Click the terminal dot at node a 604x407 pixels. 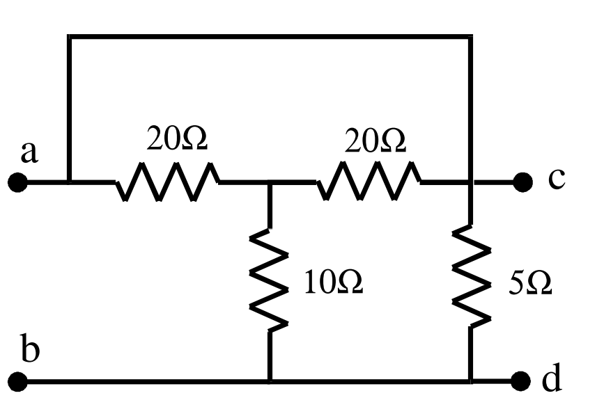(x=18, y=183)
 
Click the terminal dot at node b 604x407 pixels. (x=18, y=381)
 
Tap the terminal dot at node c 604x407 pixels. (x=522, y=183)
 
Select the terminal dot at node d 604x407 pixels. (x=522, y=381)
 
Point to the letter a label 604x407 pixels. (x=29, y=152)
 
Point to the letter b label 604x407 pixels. (x=30, y=349)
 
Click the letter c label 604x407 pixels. (x=556, y=179)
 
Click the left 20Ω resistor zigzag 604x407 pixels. (x=167, y=182)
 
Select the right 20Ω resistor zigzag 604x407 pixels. (x=369, y=182)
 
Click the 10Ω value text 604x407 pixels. (x=333, y=283)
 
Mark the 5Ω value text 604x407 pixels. (x=530, y=283)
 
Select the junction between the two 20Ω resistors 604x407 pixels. (x=270, y=183)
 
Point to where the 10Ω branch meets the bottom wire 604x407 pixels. (x=270, y=381)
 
